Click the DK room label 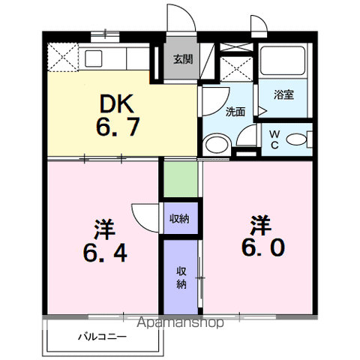pyautogui.click(x=116, y=103)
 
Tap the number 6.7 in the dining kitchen pyautogui.click(x=118, y=127)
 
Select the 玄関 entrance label pyautogui.click(x=183, y=59)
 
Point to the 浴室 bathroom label pyautogui.click(x=283, y=94)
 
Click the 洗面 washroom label pyautogui.click(x=235, y=112)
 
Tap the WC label pyautogui.click(x=274, y=139)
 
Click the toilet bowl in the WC pyautogui.click(x=296, y=139)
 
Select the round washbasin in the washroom pyautogui.click(x=217, y=145)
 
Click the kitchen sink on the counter pyautogui.click(x=93, y=58)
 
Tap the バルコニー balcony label pyautogui.click(x=103, y=337)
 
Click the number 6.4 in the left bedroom pyautogui.click(x=105, y=253)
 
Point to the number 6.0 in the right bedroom pyautogui.click(x=263, y=247)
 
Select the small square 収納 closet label pyautogui.click(x=179, y=218)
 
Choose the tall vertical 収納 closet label pyautogui.click(x=181, y=277)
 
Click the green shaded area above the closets pyautogui.click(x=181, y=179)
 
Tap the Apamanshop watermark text pyautogui.click(x=180, y=322)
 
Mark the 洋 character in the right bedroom pyautogui.click(x=261, y=225)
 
